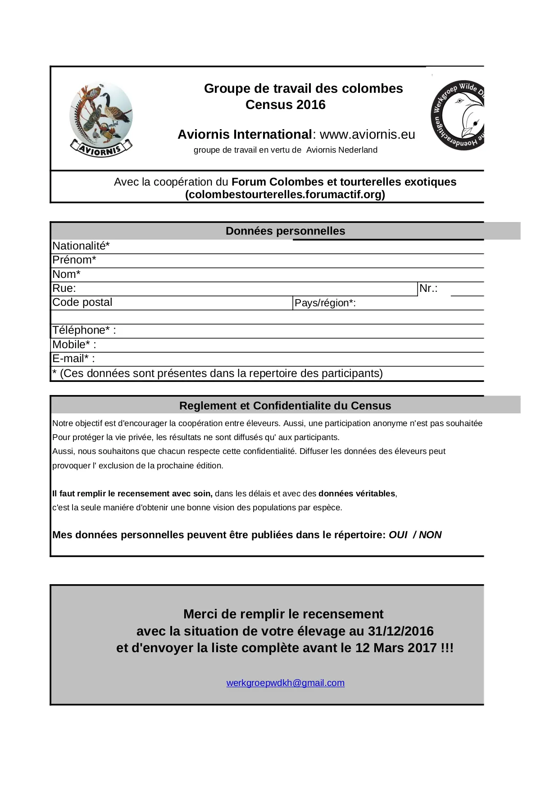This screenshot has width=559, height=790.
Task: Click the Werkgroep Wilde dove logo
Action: coord(458,116)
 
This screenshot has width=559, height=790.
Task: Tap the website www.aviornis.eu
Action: coord(367,135)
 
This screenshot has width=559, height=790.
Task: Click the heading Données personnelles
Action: coord(285,231)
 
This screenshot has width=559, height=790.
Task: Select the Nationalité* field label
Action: coord(81,246)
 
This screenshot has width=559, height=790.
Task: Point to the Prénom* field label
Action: coord(74,260)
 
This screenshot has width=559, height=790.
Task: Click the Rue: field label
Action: coord(64,288)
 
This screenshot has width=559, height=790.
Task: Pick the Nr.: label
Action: coord(428,288)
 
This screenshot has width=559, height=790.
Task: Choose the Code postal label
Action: coord(82,302)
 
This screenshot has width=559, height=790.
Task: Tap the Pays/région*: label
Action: coord(325,303)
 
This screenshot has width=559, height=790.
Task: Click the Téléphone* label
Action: coord(84,330)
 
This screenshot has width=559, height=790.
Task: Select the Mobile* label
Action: coord(74,345)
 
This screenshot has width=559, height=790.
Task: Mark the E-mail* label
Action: coord(73,359)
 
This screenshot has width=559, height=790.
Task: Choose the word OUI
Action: coord(398,535)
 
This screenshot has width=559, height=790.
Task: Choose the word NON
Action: coord(430,535)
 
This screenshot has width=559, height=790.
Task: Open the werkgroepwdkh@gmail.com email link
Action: coord(285,683)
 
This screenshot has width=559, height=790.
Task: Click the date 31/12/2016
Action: coord(400,631)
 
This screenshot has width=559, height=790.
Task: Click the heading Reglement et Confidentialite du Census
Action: coord(285,406)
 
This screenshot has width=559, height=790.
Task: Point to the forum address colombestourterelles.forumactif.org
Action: coord(285,195)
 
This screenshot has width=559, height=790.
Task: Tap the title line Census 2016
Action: coord(285,105)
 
